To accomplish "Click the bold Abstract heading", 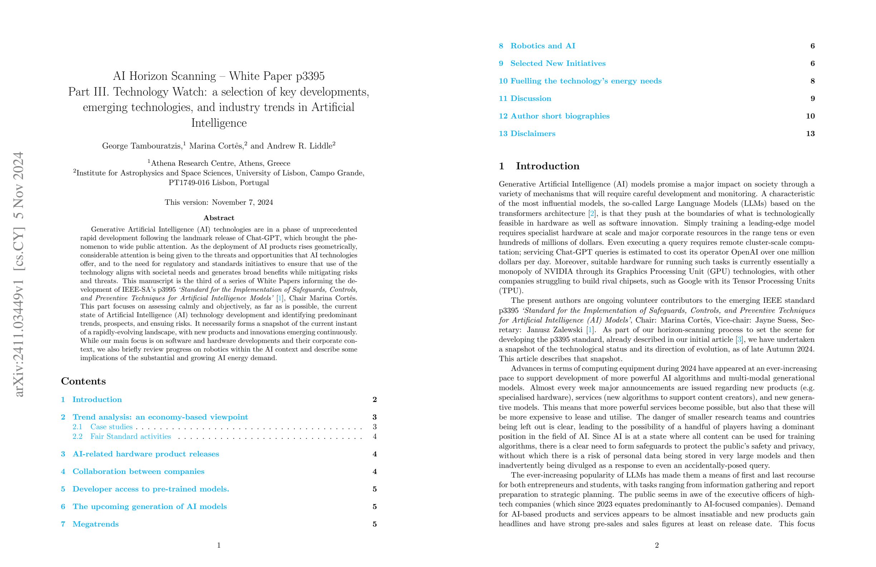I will (x=219, y=218).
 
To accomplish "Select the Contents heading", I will (x=83, y=381).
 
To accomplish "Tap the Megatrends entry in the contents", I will (x=95, y=524).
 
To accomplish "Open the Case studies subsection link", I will (x=111, y=427).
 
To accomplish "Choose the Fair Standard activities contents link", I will (x=130, y=436).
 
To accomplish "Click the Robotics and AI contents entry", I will (x=542, y=46).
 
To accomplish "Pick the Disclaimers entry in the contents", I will (x=532, y=134).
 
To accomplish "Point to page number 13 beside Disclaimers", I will (x=810, y=134).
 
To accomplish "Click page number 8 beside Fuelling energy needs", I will (x=812, y=81).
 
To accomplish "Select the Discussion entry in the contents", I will (x=530, y=99).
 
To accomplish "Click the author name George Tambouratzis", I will (x=141, y=146).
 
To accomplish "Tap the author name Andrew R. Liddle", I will (x=299, y=146).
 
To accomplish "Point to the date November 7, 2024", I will (x=242, y=203).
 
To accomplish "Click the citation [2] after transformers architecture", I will (x=592, y=214).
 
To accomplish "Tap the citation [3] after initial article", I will (x=739, y=339).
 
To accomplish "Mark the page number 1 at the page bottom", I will (x=219, y=545).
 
